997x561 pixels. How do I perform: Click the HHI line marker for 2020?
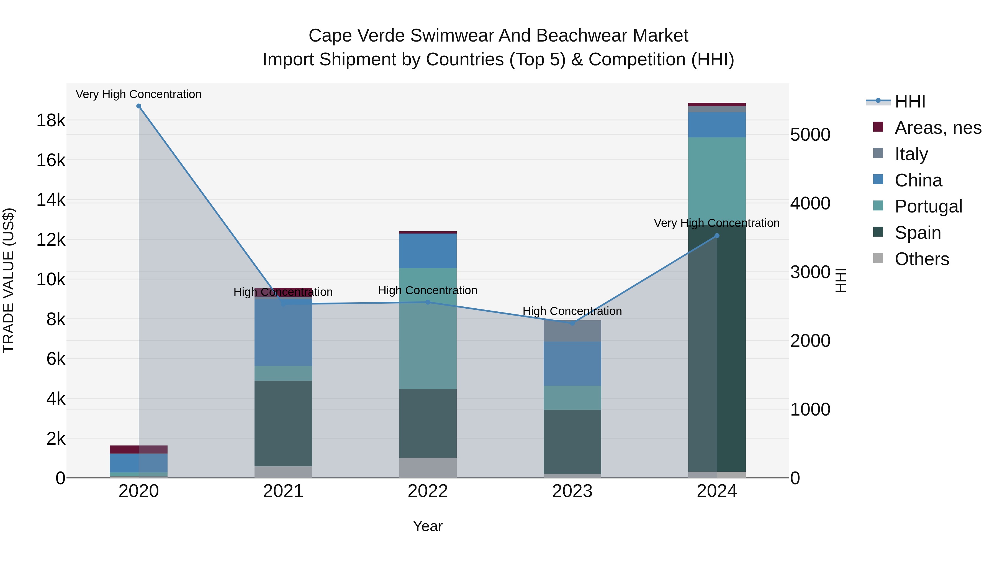138,106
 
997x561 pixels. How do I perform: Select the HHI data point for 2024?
717,235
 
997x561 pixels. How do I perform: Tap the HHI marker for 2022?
428,302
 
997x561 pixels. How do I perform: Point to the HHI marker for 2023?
572,323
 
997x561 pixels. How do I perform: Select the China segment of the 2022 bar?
428,251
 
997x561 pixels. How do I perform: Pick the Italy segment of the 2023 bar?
572,331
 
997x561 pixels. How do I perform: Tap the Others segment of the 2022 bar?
428,468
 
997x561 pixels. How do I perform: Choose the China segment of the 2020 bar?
138,463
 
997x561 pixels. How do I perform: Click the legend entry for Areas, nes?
938,128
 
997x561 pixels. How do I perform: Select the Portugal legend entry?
928,206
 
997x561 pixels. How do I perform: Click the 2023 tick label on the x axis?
572,491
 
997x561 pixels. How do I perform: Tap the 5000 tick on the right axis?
810,135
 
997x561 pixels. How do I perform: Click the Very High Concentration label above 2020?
138,94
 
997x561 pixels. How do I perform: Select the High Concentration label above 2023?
572,311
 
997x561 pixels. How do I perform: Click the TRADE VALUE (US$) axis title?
9,280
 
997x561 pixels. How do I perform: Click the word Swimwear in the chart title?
451,36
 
